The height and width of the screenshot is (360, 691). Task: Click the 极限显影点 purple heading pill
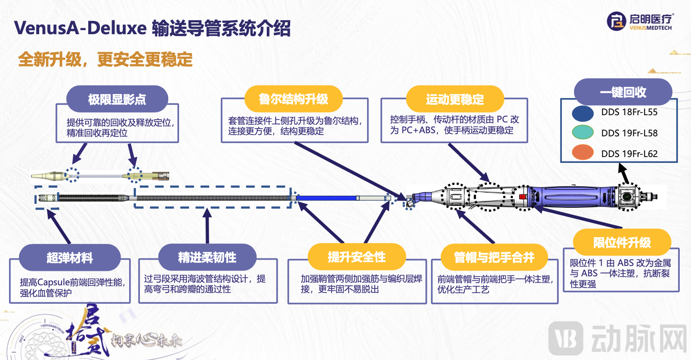point(117,99)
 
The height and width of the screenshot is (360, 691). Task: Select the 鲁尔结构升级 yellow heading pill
point(293,99)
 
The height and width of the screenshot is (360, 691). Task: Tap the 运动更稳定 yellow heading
point(454,99)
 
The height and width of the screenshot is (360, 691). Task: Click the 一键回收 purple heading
point(623,92)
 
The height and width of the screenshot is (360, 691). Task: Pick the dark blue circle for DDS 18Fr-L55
point(583,113)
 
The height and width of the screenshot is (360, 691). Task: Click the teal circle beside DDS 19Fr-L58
point(583,133)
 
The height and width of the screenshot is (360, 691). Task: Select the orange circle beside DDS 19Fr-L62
point(583,153)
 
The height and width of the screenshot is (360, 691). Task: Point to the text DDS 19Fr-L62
point(629,153)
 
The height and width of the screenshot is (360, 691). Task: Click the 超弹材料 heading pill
point(70,257)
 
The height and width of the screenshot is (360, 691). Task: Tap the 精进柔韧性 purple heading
point(207,257)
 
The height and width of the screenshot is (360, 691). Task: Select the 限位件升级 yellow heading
point(622,243)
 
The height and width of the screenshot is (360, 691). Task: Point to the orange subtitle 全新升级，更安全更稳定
point(105,59)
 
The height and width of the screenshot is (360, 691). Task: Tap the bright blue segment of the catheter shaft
point(326,198)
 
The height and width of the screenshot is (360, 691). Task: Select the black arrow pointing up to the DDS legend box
point(623,173)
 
